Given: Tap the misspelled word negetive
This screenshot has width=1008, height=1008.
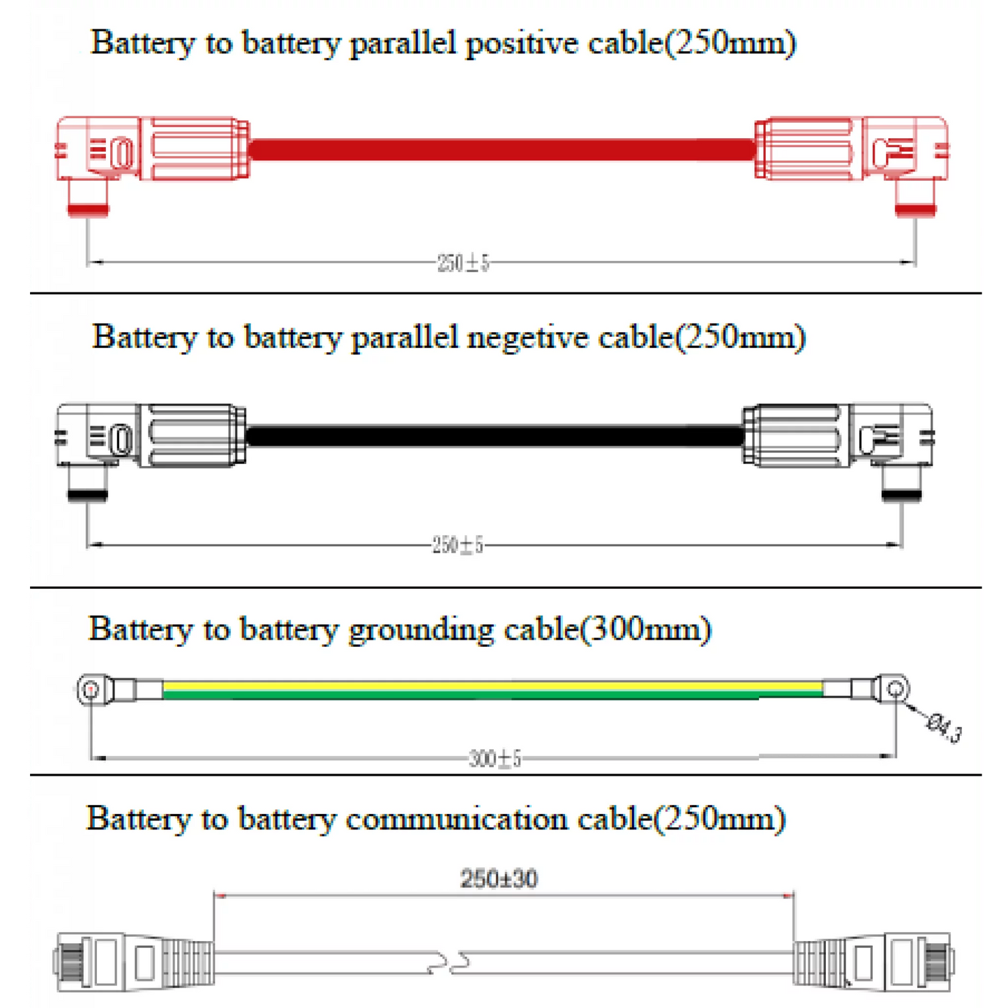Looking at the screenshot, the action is click(x=527, y=338).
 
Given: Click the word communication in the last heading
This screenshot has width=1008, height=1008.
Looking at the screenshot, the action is click(x=456, y=819).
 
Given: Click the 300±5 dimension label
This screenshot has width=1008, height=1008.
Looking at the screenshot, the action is click(x=495, y=758).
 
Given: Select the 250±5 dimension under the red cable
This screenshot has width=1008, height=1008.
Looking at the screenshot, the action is click(x=463, y=262).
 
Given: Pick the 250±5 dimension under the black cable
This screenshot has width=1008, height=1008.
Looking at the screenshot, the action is click(x=458, y=545).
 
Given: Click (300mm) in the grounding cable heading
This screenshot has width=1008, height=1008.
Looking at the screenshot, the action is click(x=645, y=630).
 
